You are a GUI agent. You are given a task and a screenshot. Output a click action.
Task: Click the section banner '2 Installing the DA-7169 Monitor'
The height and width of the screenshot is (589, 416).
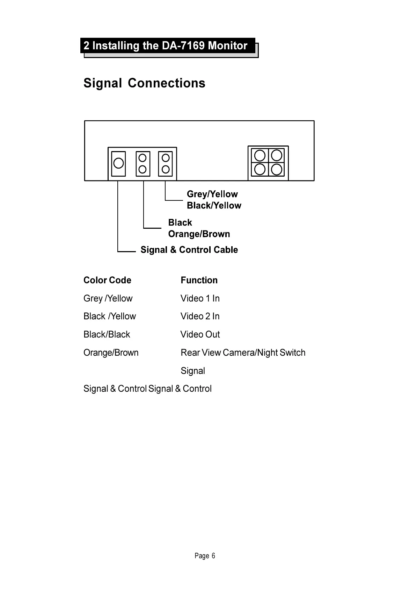click(x=166, y=46)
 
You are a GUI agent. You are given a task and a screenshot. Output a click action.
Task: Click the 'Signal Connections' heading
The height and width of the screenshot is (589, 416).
click(x=144, y=83)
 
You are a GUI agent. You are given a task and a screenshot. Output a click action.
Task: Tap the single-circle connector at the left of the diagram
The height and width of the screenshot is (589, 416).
click(x=118, y=163)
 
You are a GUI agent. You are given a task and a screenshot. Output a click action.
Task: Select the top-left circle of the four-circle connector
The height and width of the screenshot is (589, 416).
click(x=260, y=155)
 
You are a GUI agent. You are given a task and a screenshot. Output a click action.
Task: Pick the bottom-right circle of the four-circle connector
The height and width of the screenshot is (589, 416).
click(x=277, y=170)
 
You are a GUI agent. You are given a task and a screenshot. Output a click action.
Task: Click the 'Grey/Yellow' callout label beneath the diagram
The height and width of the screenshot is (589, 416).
click(x=212, y=194)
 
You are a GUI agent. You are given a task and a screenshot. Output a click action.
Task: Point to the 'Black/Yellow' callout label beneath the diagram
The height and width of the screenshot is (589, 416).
click(x=214, y=206)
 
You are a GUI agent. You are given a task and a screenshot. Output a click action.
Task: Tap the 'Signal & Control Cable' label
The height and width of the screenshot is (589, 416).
click(x=189, y=250)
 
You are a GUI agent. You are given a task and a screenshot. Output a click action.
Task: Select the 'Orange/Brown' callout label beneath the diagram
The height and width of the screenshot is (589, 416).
click(x=199, y=234)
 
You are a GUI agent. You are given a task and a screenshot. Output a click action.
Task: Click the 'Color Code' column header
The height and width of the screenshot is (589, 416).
click(x=107, y=280)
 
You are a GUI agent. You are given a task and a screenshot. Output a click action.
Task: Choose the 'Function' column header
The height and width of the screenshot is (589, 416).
click(x=199, y=280)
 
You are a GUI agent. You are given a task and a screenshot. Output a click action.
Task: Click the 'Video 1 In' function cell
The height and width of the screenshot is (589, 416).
click(x=200, y=298)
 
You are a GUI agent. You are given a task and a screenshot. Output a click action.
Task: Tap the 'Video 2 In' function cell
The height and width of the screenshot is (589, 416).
click(x=200, y=316)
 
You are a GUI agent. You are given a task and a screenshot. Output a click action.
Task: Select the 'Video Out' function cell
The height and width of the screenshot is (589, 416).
click(x=200, y=334)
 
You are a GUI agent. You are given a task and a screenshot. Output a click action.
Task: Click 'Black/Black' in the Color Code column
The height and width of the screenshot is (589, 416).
click(x=107, y=334)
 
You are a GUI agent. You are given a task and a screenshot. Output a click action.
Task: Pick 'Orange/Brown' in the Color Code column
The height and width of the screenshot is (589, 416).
click(x=111, y=353)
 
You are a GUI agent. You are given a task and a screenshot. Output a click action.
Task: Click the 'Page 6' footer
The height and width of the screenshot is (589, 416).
click(x=205, y=556)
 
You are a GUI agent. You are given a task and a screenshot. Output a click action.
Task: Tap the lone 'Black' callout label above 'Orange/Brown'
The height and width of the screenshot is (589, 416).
click(x=180, y=223)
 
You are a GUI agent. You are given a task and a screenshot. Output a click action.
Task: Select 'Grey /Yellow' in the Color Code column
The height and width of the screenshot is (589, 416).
click(x=108, y=298)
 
